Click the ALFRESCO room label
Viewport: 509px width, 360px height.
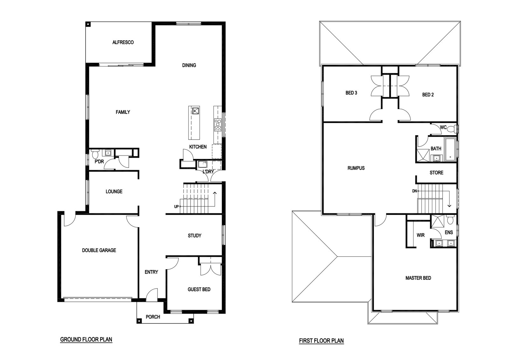(x=123, y=42)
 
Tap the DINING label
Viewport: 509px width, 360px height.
(x=189, y=66)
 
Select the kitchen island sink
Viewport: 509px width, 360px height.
(x=195, y=111)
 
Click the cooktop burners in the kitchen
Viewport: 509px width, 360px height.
(x=218, y=125)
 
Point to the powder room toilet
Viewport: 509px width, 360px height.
(x=95, y=154)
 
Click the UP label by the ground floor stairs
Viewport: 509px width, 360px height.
(x=176, y=207)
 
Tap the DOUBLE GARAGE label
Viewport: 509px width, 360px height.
(x=99, y=250)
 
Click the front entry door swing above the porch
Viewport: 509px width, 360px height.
(x=151, y=295)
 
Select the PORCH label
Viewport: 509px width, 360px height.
(x=153, y=317)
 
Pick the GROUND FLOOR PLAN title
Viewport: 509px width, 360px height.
(x=86, y=340)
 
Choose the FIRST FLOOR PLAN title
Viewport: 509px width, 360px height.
(x=321, y=341)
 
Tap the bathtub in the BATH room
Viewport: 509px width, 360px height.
(x=450, y=149)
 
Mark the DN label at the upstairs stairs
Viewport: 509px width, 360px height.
(x=415, y=191)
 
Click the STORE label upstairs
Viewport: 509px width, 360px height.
(x=436, y=173)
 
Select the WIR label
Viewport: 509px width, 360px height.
(x=421, y=235)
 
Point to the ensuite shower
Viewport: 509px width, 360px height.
(x=437, y=221)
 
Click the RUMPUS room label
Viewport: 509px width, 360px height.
(x=356, y=168)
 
